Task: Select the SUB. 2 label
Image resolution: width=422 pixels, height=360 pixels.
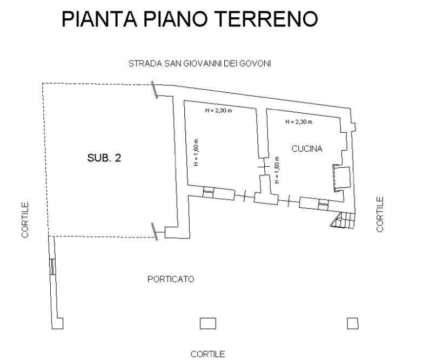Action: point(104,159)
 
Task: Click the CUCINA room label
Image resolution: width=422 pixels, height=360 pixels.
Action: point(307,149)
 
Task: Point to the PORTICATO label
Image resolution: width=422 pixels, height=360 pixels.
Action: point(170,280)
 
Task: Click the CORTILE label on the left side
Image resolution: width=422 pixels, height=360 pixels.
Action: point(25,220)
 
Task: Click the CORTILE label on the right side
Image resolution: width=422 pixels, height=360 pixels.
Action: point(380,214)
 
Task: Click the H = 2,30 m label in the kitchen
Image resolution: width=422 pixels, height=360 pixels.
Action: point(299,122)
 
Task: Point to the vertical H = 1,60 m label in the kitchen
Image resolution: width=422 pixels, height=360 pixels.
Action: point(276,171)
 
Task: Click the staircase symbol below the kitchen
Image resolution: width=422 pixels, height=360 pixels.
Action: point(342,220)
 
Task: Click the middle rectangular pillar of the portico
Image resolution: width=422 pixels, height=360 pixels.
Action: point(208,323)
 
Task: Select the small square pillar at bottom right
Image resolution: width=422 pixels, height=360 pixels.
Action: point(352,323)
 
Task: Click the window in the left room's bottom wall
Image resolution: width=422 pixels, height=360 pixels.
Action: point(209,193)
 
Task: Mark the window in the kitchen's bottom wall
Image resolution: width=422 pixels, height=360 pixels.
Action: point(323,203)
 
